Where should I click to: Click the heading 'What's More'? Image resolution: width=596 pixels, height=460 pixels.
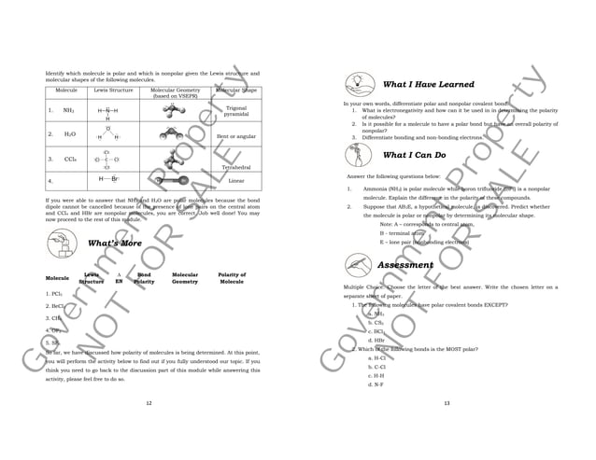[114, 244]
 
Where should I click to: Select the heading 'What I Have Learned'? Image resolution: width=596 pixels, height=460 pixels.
[429, 84]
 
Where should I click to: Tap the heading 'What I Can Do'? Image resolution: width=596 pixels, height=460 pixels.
[414, 155]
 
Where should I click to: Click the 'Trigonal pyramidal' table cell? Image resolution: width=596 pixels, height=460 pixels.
[236, 111]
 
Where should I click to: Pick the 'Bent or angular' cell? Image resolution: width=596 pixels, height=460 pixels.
[236, 136]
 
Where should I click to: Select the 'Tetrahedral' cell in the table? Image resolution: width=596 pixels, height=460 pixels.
[236, 167]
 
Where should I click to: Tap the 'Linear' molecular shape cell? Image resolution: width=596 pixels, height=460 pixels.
[236, 180]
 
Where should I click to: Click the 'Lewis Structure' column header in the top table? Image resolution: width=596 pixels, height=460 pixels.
[113, 91]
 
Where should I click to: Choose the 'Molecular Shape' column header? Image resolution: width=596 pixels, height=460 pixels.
[236, 91]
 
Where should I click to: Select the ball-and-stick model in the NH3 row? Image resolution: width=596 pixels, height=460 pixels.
[172, 110]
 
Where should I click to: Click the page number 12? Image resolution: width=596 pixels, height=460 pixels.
[149, 403]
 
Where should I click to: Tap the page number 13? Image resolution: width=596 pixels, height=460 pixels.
[447, 403]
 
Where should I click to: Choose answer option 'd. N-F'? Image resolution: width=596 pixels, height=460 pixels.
[376, 384]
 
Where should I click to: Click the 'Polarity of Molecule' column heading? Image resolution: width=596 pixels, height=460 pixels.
[231, 278]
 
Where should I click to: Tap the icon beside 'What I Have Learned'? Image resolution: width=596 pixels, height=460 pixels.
[359, 84]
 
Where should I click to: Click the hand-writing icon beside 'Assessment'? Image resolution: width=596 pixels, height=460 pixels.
[359, 264]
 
